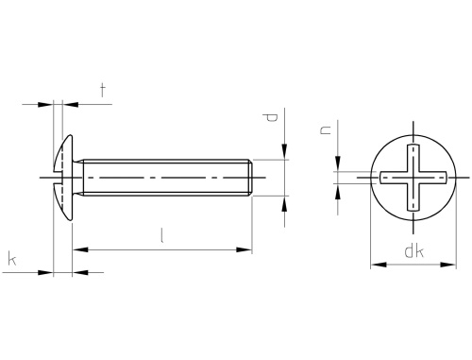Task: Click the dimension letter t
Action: tap(102, 90)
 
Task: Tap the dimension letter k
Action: tap(12, 259)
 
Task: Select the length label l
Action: tap(161, 235)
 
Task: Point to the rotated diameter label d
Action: tap(270, 118)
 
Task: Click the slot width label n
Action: tap(326, 129)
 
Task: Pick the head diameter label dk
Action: tap(413, 251)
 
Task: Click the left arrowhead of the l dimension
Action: tap(80, 249)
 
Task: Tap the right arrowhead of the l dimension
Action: tap(244, 249)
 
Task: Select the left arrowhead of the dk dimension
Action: tap(379, 265)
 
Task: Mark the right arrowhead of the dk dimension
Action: tap(448, 265)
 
